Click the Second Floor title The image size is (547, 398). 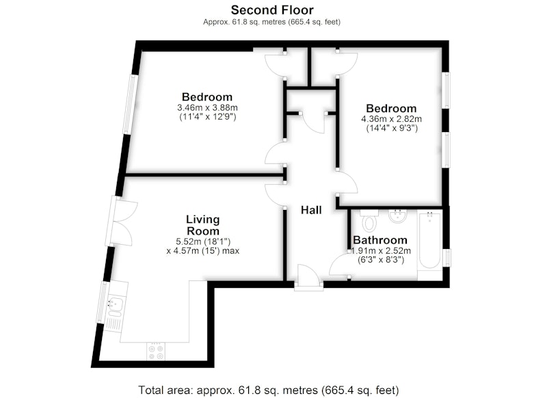tap(272, 10)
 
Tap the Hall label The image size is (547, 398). tap(311, 210)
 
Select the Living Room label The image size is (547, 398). tap(203, 225)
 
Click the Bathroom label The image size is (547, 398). tap(380, 240)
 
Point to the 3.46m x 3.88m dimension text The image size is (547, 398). tap(208, 107)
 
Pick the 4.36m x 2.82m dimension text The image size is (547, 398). tap(391, 119)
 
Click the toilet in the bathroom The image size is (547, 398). tap(369, 221)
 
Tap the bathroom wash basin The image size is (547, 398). tap(397, 216)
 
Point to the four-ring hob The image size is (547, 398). tap(156, 351)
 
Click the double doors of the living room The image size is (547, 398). tap(122, 221)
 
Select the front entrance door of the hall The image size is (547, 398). tap(308, 277)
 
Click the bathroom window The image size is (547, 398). tap(447, 258)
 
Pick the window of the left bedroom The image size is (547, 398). tap(130, 104)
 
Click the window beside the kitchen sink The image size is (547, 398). tap(102, 302)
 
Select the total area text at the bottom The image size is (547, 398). tap(269, 390)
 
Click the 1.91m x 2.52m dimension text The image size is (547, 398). tap(381, 251)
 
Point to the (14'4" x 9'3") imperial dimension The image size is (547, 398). tap(392, 128)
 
